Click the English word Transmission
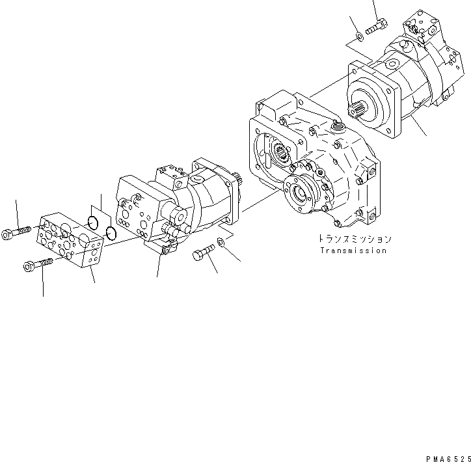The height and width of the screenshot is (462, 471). click(353, 251)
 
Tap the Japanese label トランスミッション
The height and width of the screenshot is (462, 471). click(353, 238)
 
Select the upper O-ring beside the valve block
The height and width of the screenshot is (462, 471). click(93, 223)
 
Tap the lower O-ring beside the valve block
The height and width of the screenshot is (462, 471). click(111, 233)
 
